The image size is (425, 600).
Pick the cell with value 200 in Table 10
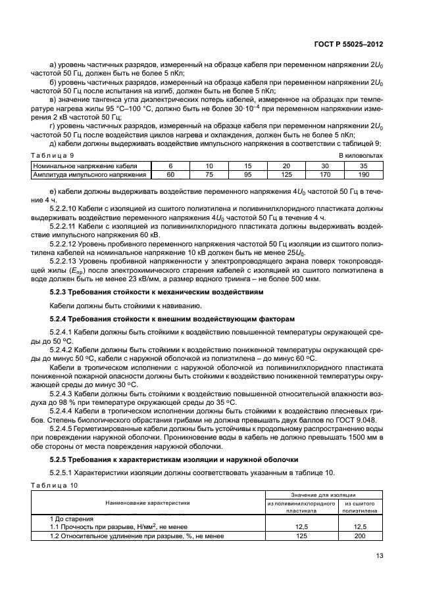coord(359,536)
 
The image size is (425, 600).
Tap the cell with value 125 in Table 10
coord(302,536)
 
